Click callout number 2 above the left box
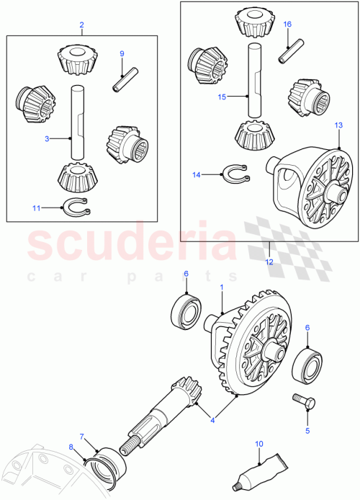coord(81,25)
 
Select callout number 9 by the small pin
coord(122,54)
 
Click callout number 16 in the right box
coord(287,24)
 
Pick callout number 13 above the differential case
coord(318,126)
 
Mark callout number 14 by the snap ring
coord(198,174)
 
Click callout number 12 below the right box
coord(269,263)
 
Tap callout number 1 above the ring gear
coord(221,288)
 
